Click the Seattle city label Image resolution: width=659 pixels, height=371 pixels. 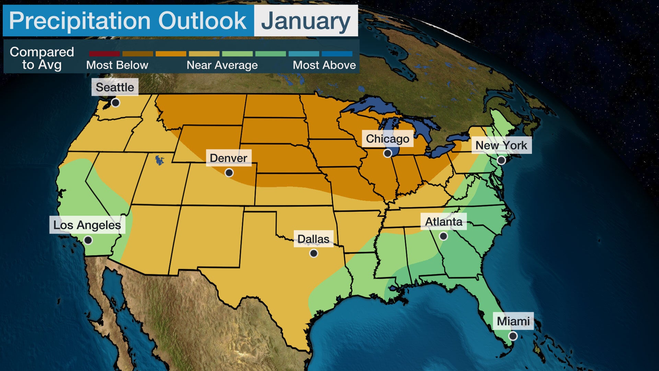pos(115,87)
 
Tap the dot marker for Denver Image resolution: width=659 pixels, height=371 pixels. pos(229,172)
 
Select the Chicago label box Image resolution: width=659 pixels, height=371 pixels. pos(388,139)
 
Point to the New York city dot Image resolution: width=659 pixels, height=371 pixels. pos(501,160)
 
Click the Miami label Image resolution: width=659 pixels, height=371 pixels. pos(513,321)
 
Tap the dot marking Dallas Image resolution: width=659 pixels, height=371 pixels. pos(313,254)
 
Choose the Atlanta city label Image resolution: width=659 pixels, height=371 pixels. pos(443,222)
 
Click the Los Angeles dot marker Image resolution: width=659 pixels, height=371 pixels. pos(88,240)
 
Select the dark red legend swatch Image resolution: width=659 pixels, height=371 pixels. pos(104,54)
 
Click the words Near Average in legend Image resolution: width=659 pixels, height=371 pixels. pos(222,65)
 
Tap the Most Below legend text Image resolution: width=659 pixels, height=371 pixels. pos(117,65)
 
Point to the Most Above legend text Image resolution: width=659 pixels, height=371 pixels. pos(324,65)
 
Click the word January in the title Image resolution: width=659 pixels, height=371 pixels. pos(305,21)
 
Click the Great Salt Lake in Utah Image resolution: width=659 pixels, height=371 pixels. pos(159,160)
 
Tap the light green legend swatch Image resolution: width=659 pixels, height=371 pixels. pos(237,54)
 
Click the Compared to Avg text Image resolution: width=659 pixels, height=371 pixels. pos(42,58)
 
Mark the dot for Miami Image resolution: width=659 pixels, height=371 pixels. pos(513,336)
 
